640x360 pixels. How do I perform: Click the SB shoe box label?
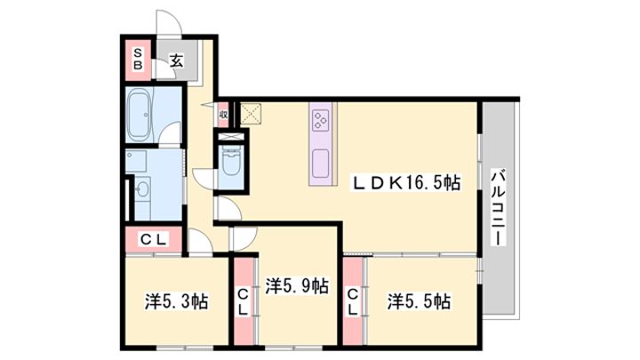pos(138,60)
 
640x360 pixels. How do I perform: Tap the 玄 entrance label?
pos(177,60)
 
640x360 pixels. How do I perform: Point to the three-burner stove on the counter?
pos(320,121)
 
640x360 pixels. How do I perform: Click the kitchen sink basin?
pos(320,164)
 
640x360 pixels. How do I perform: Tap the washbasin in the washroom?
pos(142,189)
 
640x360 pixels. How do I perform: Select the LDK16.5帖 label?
pos(407,182)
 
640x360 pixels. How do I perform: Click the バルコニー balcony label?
pos(498,208)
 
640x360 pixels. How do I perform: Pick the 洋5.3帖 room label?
pos(177,302)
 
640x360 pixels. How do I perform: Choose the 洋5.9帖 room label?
pos(297,285)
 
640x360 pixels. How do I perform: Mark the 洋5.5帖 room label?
pos(420,302)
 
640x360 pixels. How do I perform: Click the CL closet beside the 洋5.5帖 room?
pos(353,301)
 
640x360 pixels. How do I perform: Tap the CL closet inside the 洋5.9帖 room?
pos(244,301)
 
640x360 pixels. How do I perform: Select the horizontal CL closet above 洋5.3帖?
pos(154,240)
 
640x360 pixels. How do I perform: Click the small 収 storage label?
pos(223,115)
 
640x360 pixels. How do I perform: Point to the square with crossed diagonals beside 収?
pos(250,114)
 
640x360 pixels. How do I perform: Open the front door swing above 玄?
pos(169,25)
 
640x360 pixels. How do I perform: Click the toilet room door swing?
pos(204,179)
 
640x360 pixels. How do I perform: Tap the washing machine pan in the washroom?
pos(136,160)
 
